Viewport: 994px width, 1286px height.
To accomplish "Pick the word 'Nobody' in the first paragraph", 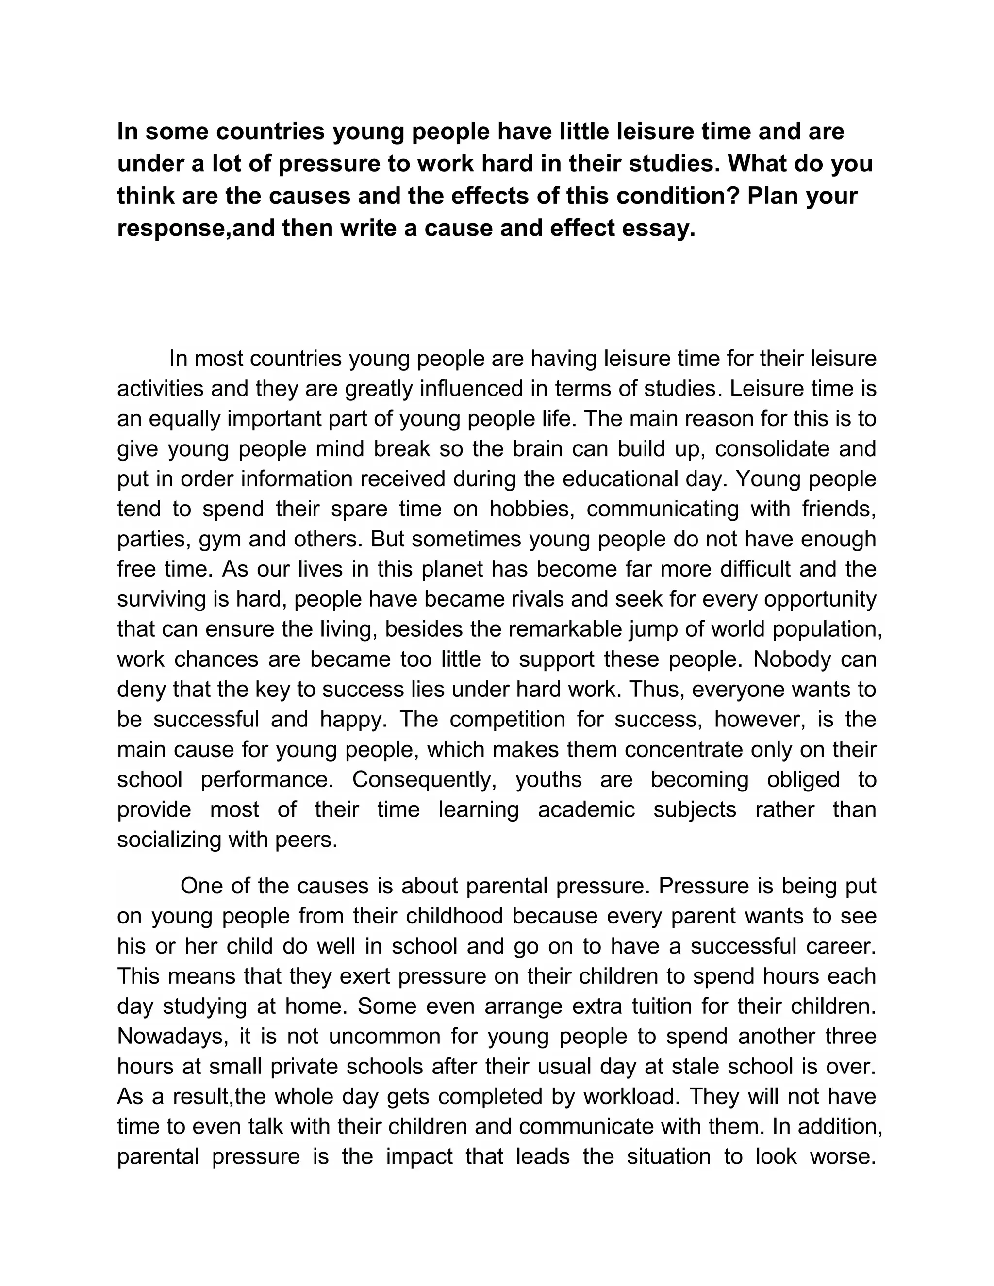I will pos(791,659).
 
